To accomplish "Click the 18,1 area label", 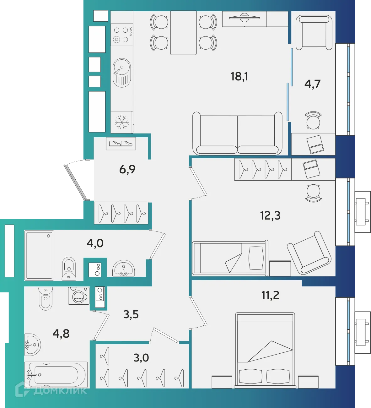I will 239,76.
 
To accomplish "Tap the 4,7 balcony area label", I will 312,84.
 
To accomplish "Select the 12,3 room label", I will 270,216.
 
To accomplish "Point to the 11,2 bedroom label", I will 270,295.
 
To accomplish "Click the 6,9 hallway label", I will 127,169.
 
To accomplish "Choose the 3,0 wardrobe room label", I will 141,357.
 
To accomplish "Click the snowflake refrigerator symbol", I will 122,122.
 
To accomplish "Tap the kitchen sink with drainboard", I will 122,73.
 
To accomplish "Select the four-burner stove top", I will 122,35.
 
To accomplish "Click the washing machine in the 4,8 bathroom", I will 78,296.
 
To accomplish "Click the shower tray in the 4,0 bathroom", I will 39,255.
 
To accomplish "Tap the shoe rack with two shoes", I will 121,144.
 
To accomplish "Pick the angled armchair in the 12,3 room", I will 309,253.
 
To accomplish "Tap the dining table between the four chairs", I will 183,32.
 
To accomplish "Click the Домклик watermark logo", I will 52,390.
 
